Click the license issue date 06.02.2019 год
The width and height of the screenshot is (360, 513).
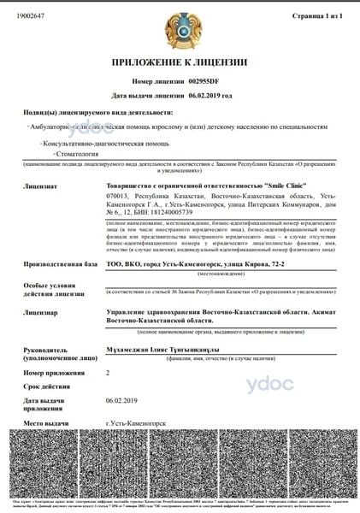[210, 97]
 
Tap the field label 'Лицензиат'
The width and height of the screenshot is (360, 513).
[40, 184]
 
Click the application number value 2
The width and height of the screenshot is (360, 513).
[108, 373]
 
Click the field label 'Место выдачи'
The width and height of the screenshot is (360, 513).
[46, 423]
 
